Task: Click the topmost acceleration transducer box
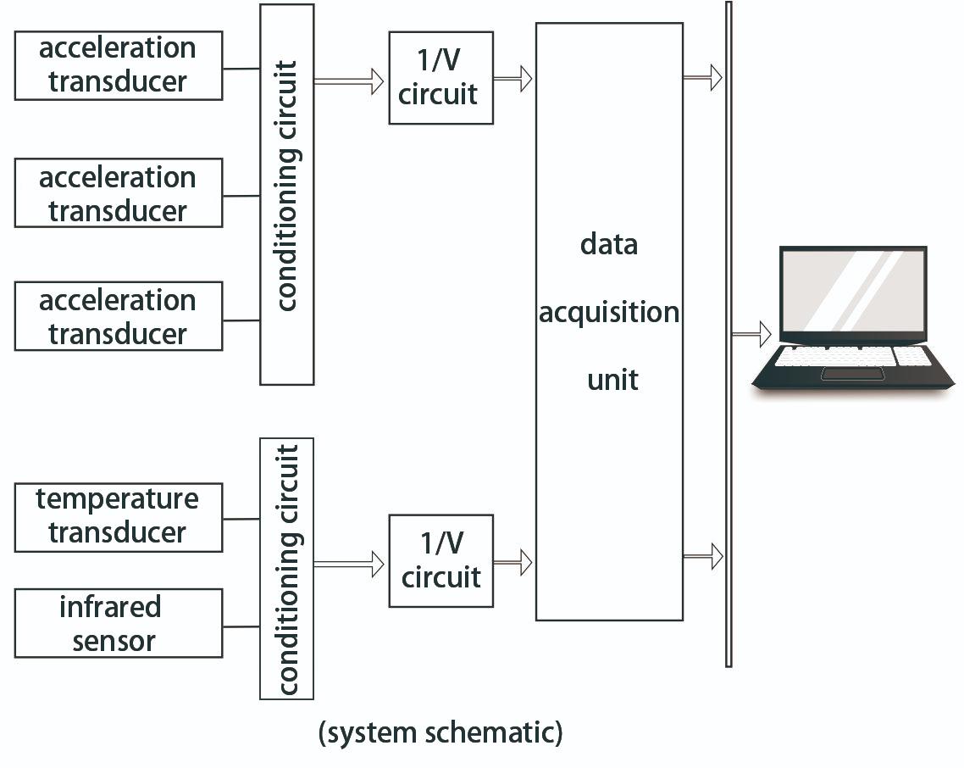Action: (x=119, y=65)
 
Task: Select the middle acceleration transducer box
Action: (x=119, y=193)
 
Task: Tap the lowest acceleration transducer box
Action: (x=119, y=316)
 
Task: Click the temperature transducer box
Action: (x=119, y=517)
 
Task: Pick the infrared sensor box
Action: (x=119, y=623)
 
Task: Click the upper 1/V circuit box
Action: (x=440, y=78)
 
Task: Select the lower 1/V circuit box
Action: (x=440, y=561)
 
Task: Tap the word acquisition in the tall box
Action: (x=609, y=312)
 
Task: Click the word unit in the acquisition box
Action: (x=612, y=379)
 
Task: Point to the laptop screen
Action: (x=852, y=292)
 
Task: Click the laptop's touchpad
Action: (x=852, y=374)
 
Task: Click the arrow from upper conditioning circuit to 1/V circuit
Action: (x=349, y=81)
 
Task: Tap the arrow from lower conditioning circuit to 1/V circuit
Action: (x=349, y=563)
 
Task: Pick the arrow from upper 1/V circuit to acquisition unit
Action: (x=513, y=79)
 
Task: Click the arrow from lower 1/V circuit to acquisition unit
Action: (x=513, y=561)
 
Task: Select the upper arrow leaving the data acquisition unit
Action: (x=703, y=77)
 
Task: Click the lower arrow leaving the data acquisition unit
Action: (x=703, y=556)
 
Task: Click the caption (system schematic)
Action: (x=440, y=732)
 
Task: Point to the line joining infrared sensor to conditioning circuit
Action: (x=241, y=627)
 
